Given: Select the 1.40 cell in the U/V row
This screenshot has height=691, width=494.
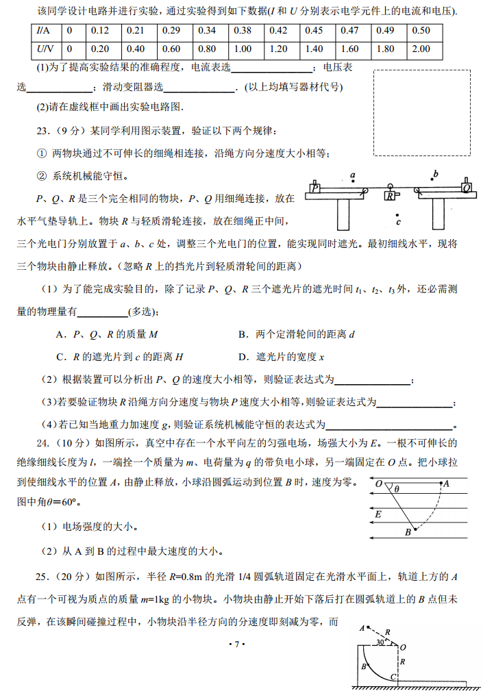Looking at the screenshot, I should (x=314, y=49).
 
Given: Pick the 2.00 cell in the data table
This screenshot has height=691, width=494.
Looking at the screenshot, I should (x=421, y=49).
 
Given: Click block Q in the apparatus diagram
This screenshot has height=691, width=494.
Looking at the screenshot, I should (x=466, y=187).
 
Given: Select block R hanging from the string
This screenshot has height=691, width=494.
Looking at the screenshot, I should (x=390, y=196).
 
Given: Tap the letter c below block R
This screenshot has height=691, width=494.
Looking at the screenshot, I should (x=399, y=222).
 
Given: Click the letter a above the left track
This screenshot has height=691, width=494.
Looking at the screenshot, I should (x=352, y=176).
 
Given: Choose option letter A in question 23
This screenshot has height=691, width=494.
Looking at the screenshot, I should (x=60, y=335).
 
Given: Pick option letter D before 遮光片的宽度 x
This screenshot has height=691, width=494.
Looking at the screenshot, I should (x=242, y=357).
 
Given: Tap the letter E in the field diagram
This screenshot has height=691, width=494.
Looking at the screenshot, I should (x=378, y=514).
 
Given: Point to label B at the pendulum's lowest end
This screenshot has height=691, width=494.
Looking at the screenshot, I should (x=407, y=532).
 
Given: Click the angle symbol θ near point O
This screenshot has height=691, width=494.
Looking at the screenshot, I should (x=397, y=490).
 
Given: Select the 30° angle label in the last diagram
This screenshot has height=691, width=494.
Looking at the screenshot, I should (x=381, y=643).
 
